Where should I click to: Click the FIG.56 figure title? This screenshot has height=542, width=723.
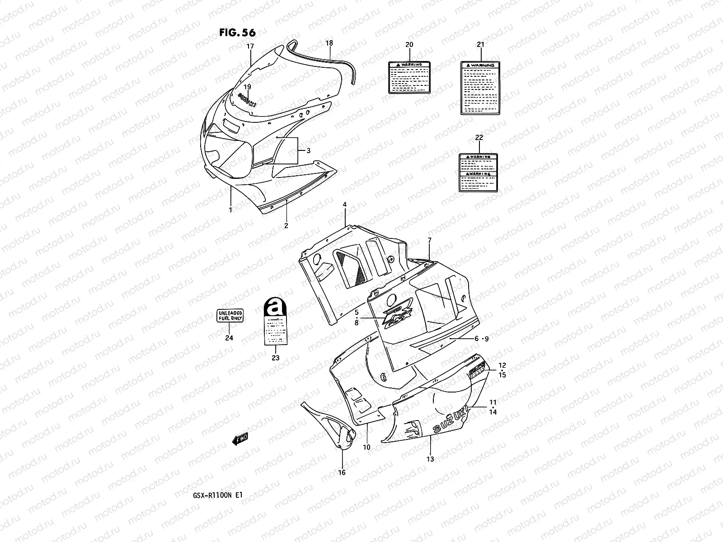[x=238, y=33]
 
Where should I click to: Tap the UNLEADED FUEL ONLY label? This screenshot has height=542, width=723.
[x=230, y=315]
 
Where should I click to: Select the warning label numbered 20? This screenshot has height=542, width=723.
[x=409, y=77]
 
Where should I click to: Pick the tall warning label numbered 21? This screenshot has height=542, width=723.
[x=480, y=88]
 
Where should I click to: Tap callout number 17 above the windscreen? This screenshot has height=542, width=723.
[x=250, y=46]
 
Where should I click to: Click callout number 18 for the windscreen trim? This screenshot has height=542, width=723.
[x=329, y=43]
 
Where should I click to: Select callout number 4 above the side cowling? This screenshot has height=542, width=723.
[x=345, y=205]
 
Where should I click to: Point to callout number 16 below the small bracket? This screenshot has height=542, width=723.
[x=342, y=472]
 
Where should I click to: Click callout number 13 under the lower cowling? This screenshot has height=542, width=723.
[x=430, y=459]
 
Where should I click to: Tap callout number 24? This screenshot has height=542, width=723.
[x=229, y=338]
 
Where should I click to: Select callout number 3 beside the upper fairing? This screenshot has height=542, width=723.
[x=308, y=150]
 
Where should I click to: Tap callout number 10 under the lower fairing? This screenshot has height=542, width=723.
[x=366, y=447]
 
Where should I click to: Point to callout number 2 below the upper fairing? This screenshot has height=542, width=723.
[x=286, y=226]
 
